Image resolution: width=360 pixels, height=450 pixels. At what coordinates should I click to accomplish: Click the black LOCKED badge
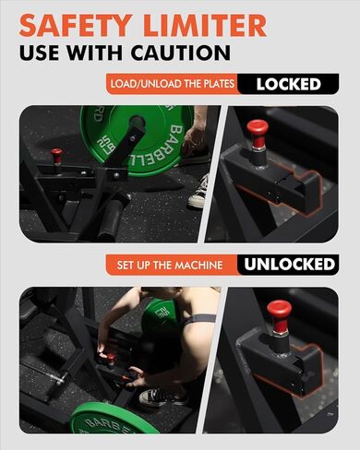(x=288, y=85)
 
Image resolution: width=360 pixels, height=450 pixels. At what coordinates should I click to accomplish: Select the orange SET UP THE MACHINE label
(x=171, y=266)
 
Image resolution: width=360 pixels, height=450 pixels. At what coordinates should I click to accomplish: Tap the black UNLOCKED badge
(x=289, y=265)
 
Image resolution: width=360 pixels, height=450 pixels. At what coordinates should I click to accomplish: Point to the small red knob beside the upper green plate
(x=57, y=155)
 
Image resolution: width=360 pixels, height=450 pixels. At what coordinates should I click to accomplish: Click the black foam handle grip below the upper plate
(x=112, y=218)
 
